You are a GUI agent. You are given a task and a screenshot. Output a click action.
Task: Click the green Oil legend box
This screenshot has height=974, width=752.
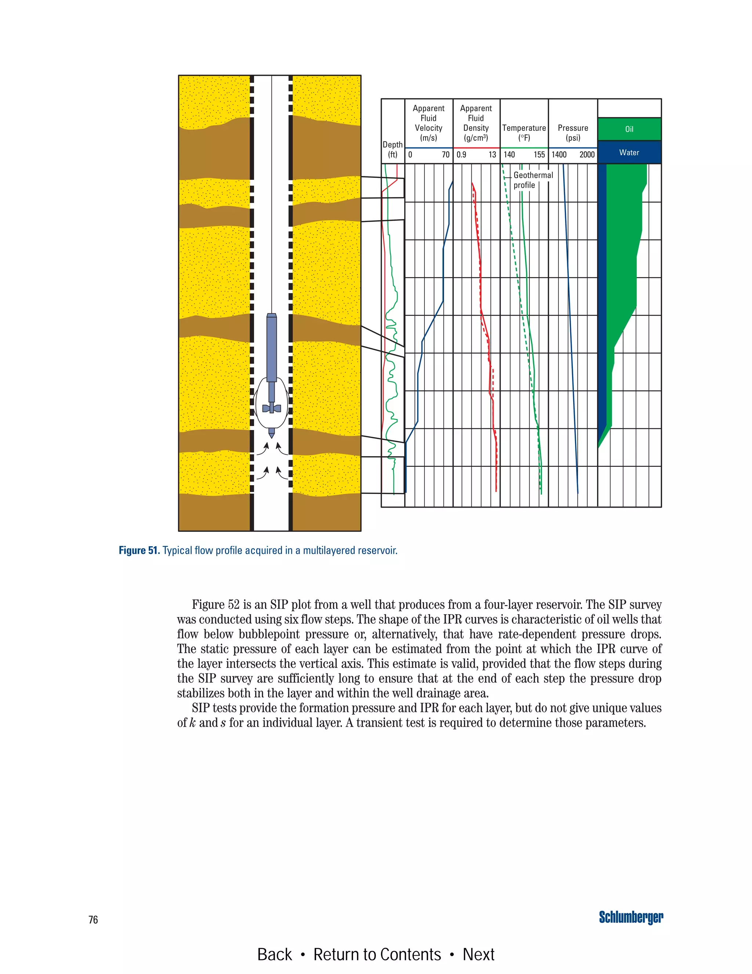629,129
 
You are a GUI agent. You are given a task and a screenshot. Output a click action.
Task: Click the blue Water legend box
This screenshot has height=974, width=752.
629,153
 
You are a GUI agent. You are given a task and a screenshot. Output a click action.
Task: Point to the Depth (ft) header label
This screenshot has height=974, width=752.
393,149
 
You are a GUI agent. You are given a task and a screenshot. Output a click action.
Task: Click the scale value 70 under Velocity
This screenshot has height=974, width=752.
445,155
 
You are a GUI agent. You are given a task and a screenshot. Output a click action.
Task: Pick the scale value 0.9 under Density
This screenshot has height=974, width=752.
462,155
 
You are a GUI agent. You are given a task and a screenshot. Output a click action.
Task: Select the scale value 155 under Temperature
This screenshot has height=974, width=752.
539,155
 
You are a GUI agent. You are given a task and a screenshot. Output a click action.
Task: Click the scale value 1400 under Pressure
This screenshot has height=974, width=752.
559,155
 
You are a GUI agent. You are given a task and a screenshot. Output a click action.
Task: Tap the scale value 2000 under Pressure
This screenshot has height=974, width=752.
587,155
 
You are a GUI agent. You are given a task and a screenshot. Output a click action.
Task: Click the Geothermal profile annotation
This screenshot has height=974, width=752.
533,180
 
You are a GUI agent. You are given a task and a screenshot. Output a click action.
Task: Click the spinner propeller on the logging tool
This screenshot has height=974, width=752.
271,408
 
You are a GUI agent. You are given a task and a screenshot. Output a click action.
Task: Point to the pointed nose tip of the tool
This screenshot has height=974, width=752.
271,436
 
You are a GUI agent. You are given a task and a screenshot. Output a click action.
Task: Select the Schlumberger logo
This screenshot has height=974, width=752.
631,917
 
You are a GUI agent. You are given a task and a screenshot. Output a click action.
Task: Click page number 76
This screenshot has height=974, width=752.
93,920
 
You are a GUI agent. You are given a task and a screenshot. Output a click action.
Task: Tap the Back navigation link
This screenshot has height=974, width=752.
274,955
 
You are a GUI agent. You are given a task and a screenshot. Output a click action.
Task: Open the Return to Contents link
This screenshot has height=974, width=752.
377,955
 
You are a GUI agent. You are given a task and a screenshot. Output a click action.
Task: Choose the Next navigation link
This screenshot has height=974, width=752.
478,955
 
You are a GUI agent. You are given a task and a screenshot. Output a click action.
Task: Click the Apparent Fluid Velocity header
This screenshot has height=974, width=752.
429,123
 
